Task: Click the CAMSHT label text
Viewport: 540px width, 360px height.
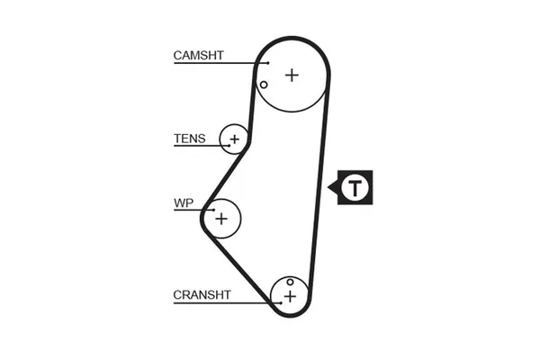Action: tap(198, 56)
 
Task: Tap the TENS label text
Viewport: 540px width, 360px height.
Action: tap(189, 139)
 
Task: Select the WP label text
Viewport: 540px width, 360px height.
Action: tap(184, 202)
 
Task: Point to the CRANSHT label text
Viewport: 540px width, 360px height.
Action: tap(202, 294)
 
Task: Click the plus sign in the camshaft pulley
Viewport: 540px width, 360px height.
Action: tap(291, 75)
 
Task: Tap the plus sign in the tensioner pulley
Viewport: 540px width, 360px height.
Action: tap(234, 139)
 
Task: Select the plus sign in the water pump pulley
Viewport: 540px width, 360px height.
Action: tap(221, 218)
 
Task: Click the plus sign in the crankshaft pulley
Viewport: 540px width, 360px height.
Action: tap(290, 295)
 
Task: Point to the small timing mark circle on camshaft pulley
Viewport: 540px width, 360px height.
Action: tap(263, 85)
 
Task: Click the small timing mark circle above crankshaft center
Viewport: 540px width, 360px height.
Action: tap(290, 282)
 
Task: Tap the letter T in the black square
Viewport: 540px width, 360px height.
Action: tap(357, 188)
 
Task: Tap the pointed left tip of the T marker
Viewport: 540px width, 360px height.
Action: tap(329, 188)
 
